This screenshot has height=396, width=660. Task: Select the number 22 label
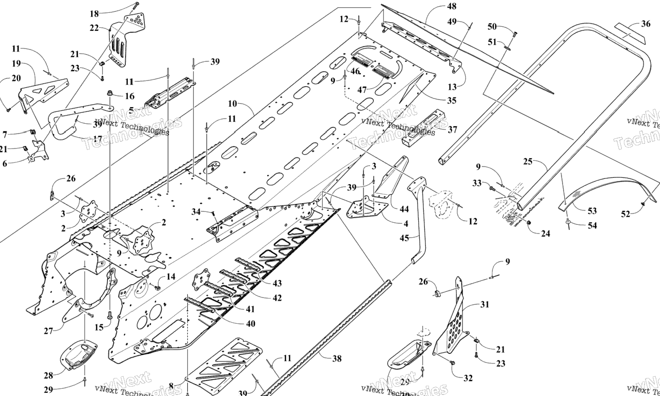click(x=94, y=28)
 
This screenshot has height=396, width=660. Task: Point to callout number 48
click(x=452, y=7)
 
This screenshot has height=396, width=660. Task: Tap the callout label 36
click(x=646, y=23)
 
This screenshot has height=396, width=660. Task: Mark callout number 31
click(x=484, y=304)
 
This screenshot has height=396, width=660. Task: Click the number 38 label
click(x=337, y=359)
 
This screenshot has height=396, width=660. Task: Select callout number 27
click(x=48, y=331)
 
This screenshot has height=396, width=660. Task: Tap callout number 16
click(x=129, y=96)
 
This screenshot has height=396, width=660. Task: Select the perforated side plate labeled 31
click(x=453, y=322)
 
